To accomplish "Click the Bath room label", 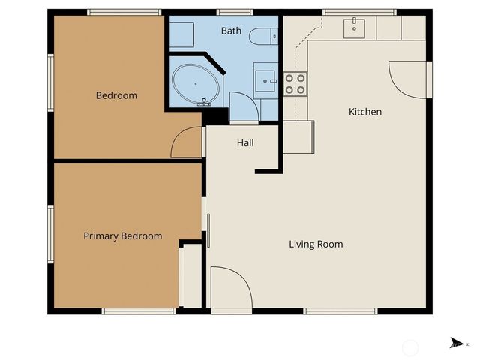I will point(231,31).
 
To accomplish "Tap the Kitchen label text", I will point(365,112).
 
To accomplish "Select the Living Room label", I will point(316,244).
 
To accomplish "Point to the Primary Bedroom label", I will point(122,235).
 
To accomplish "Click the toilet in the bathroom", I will point(263,36).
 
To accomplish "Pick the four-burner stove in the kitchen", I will point(294,82).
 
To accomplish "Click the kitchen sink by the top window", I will point(353,28).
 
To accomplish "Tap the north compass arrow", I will point(454,343).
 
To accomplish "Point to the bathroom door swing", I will point(243,106).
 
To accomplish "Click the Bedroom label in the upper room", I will point(116,95).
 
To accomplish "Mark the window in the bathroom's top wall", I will point(229,12).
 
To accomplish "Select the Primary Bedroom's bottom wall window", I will point(128,310).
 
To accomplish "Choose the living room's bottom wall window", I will point(340,310).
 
